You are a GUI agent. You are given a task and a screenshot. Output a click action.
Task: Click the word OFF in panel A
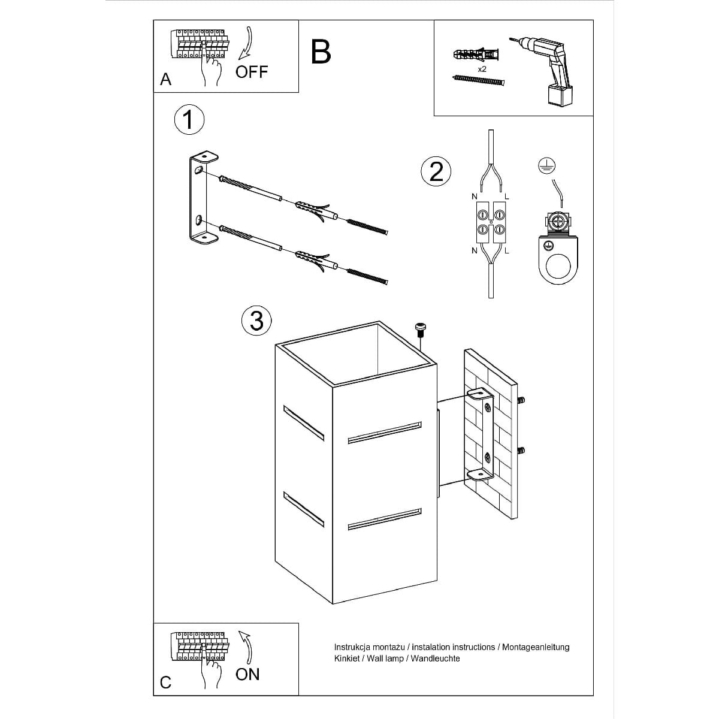[x=252, y=72]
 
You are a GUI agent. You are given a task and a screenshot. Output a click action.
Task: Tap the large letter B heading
[x=321, y=52]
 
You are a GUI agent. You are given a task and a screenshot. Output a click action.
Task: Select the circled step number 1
[x=189, y=120]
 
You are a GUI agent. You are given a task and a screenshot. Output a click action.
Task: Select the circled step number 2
[x=436, y=172]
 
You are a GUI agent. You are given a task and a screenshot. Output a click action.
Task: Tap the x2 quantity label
[x=482, y=69]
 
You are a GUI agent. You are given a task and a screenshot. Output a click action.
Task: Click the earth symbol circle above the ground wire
[x=546, y=165]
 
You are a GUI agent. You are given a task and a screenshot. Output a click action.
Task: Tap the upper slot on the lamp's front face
[x=385, y=433]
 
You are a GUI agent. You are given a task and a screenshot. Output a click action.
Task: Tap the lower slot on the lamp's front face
[x=385, y=519]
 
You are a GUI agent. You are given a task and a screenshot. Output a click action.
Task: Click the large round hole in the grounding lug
[x=558, y=267]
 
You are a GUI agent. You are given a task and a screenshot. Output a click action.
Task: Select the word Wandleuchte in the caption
[x=435, y=669]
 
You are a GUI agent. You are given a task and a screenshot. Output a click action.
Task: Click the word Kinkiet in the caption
[x=347, y=669]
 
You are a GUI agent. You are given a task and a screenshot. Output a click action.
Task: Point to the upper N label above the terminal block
[x=474, y=197]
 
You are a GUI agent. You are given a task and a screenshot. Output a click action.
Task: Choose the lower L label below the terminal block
[x=506, y=251]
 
